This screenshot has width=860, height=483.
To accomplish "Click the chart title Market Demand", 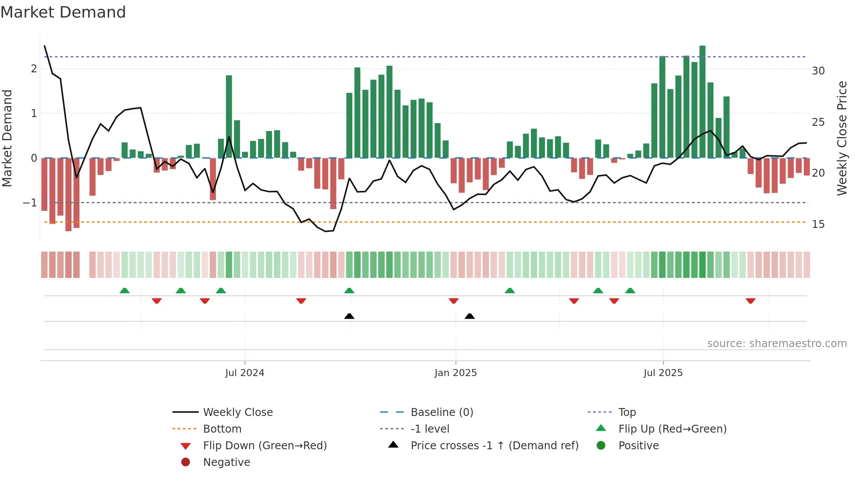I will click(63, 12).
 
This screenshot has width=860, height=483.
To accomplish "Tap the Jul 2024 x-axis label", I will click(244, 373).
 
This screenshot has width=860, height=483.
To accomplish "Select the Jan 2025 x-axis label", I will click(455, 373).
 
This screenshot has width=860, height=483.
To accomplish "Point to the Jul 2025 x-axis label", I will click(663, 373).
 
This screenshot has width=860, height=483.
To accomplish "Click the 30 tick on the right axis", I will click(818, 71).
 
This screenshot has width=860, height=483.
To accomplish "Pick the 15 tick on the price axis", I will click(818, 224).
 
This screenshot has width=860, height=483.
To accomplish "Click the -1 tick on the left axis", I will click(30, 203).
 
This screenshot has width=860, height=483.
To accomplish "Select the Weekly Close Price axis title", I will click(842, 138).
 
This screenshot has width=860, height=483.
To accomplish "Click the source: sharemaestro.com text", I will click(777, 344).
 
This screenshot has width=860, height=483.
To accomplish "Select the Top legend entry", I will click(627, 412).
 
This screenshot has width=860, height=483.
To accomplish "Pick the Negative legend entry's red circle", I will click(186, 462).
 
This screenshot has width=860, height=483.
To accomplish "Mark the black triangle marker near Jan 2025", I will click(469, 316).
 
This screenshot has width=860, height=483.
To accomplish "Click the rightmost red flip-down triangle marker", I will click(750, 301).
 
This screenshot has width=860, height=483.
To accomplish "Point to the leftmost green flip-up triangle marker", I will click(125, 291).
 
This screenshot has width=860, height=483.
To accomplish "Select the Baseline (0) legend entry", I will click(441, 412).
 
